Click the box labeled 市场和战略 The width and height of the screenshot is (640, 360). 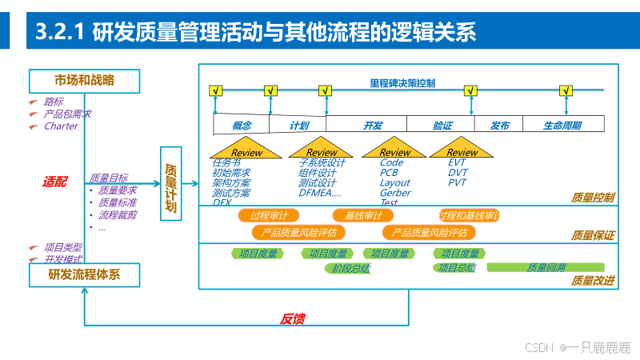[x=84, y=80]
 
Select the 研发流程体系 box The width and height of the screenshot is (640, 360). [x=84, y=275]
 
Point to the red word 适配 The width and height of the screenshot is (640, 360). [x=55, y=182]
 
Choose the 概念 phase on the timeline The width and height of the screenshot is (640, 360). [x=242, y=126]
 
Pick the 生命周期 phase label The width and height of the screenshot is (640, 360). [x=562, y=126]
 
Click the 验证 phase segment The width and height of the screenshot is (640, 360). [x=442, y=126]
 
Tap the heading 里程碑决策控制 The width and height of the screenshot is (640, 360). [x=402, y=83]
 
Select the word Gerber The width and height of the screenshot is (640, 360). [x=395, y=193]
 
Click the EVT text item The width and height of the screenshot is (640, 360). [x=457, y=162]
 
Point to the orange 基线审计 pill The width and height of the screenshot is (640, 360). [x=363, y=216]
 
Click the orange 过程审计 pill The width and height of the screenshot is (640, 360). [x=269, y=216]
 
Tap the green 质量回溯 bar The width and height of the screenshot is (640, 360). [x=546, y=267]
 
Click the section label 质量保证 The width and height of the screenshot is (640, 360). [x=593, y=235]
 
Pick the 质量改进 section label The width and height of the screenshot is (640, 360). [x=593, y=281]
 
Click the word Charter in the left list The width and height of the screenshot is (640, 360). [x=61, y=126]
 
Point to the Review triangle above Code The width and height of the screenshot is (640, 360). [x=394, y=150]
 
